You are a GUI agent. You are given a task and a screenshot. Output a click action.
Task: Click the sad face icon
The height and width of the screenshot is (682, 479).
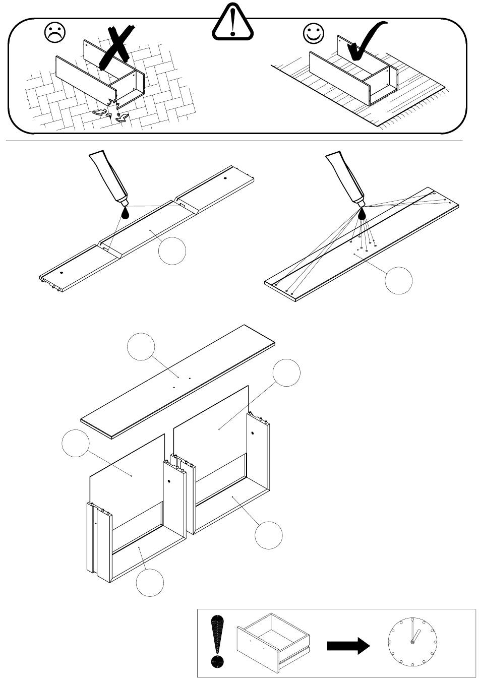coord(55,33)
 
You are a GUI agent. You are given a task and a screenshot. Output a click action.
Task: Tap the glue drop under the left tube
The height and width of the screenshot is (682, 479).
coord(125,213)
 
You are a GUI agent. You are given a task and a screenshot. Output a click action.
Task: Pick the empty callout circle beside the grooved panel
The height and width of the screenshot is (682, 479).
coord(172,251)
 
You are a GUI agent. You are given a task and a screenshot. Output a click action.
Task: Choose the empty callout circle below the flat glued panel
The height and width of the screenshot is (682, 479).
coord(399,280)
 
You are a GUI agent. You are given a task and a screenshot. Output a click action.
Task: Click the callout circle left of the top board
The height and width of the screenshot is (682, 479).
coord(141,346)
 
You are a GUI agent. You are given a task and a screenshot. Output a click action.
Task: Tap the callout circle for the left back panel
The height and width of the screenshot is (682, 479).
coord(75,443)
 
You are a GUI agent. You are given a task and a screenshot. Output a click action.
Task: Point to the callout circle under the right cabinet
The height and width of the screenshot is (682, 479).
coord(268,535)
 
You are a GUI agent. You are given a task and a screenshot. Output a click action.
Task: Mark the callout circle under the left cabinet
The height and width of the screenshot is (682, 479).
coord(150,582)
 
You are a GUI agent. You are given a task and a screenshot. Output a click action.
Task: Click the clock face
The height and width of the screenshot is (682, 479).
coord(412,642)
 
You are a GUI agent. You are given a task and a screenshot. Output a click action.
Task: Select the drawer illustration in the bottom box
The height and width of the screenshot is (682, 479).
coord(273,641)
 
